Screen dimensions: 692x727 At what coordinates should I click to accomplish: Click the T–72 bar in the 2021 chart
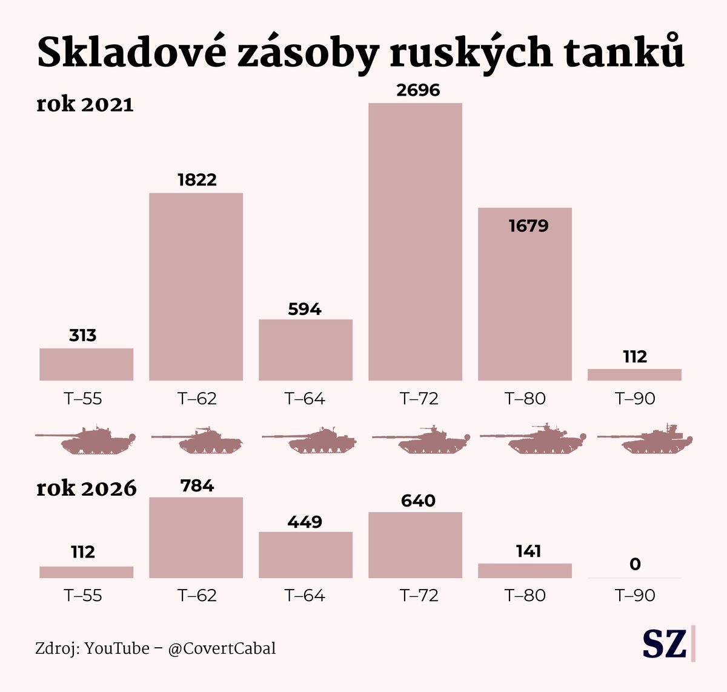[415, 242]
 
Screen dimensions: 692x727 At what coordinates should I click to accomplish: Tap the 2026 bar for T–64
[305, 554]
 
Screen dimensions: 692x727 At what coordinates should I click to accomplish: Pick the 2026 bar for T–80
[525, 570]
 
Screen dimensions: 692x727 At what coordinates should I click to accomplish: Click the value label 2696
[418, 90]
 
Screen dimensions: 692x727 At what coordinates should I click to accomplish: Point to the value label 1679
[528, 226]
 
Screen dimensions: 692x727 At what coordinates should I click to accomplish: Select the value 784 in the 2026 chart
[197, 485]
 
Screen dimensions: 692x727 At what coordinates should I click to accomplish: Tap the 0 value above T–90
[634, 564]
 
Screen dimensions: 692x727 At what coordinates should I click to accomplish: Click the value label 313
[82, 335]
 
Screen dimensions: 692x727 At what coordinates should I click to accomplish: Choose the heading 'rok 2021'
[85, 104]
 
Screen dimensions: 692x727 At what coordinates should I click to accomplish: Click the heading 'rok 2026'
[87, 488]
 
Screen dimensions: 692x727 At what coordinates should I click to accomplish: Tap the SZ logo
[665, 644]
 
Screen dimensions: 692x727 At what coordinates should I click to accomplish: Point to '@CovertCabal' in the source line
[222, 648]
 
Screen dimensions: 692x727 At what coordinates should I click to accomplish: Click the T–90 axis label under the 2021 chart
[635, 399]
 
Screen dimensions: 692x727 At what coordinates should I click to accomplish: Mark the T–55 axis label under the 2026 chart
[83, 596]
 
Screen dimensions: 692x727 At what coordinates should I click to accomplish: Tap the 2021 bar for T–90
[634, 374]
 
